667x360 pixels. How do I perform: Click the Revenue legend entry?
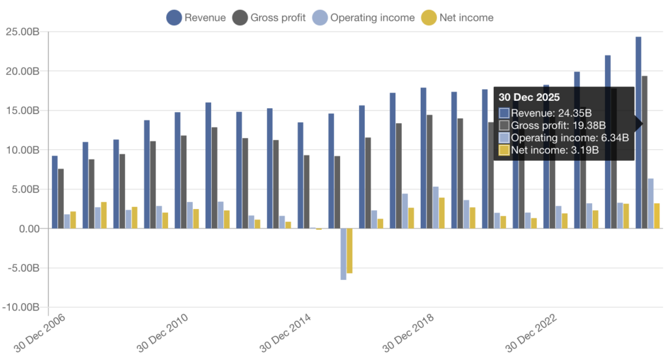(196, 18)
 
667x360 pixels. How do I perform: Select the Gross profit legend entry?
(268, 18)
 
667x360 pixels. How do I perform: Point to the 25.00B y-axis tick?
(22, 31)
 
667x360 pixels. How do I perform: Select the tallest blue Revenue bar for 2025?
(638, 130)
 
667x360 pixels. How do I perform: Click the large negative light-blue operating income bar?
(343, 254)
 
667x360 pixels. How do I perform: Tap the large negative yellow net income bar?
(350, 251)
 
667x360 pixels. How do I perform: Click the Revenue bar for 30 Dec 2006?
(55, 192)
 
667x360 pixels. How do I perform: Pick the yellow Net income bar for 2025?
(657, 216)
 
